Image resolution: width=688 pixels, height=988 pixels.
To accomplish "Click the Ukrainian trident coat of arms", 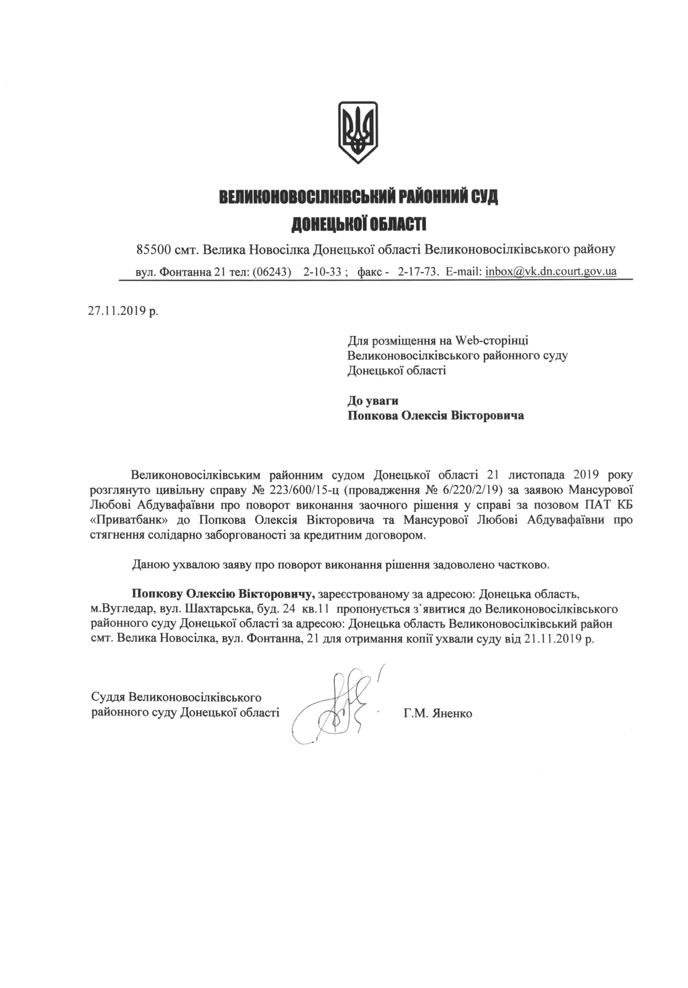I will [x=358, y=132].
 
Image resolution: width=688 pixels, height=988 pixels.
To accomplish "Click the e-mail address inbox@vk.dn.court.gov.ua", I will [x=551, y=272].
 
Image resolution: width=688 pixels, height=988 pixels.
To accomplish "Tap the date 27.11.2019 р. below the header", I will [x=123, y=311].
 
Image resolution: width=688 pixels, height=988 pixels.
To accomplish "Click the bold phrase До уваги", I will [x=373, y=401].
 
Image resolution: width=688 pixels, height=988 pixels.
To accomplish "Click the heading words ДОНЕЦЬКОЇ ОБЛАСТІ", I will [x=359, y=224].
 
